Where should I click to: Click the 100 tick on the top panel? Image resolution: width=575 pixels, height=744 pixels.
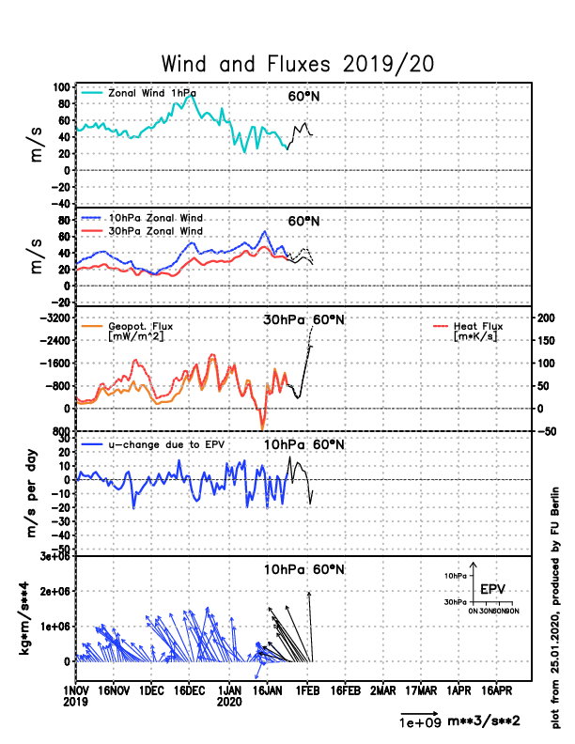(61, 86)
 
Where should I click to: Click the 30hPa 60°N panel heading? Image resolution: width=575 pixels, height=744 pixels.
(303, 319)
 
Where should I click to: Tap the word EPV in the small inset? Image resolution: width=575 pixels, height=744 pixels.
(493, 589)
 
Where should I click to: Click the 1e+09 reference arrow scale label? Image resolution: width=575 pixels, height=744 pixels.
(415, 722)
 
